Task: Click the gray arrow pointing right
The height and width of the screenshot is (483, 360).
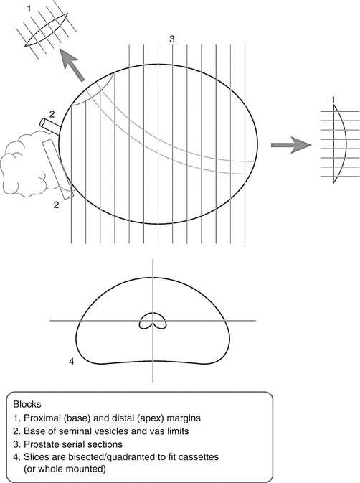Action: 291,145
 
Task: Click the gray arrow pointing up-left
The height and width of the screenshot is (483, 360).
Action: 72,65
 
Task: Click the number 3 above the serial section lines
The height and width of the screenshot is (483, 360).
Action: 172,39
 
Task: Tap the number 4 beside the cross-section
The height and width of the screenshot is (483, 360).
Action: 72,361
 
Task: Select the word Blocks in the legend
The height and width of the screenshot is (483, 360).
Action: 27,404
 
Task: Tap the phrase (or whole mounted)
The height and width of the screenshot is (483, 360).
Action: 65,469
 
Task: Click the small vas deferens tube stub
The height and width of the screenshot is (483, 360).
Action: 50,126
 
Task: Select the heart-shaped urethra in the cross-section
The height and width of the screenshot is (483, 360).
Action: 153,321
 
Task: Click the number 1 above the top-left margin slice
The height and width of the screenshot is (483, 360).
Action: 29,9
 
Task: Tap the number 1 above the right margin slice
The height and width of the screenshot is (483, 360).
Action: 333,100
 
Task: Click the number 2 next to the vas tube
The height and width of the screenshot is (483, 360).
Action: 52,114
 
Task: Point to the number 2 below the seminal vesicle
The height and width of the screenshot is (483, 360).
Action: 56,205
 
